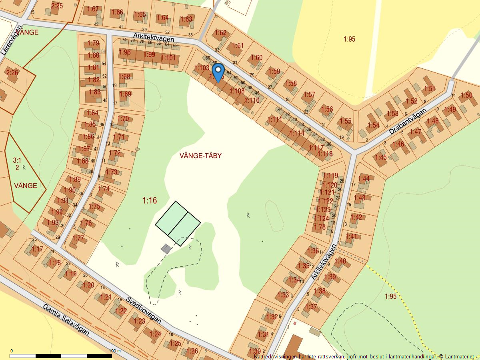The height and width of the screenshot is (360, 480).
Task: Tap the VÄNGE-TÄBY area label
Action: point(200,156)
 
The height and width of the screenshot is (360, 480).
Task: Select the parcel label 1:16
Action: point(150,201)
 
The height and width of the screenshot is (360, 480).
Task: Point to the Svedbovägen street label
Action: point(144,310)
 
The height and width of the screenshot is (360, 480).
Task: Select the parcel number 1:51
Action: point(429,89)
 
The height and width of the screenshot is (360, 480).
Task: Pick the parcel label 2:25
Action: point(57,6)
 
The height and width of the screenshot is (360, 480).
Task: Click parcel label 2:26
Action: point(12,72)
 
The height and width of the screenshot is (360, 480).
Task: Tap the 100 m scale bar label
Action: point(115,351)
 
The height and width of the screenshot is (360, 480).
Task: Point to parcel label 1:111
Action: point(275,119)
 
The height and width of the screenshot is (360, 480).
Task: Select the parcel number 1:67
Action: point(92,9)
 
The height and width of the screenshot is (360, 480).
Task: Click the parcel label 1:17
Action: point(37,249)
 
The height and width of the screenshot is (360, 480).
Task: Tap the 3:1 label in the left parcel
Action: point(17,160)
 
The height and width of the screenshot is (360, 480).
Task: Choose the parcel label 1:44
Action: point(364,178)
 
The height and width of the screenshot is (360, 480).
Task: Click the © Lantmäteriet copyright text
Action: point(456,356)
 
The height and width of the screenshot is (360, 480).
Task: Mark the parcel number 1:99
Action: point(149,54)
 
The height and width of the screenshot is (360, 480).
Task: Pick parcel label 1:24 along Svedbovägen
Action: point(155,334)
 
